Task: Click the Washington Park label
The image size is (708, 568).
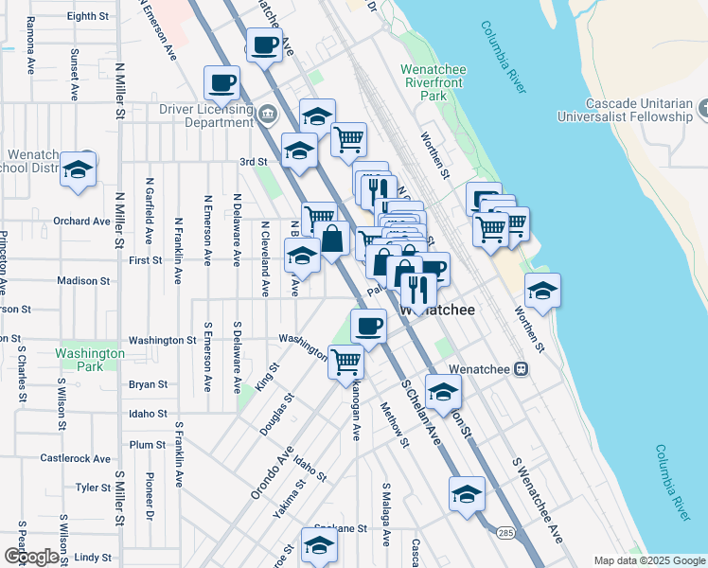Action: coord(90,360)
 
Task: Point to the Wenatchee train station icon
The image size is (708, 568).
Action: coord(520,369)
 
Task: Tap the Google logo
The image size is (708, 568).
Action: coord(30,557)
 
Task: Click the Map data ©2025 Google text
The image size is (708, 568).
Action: coord(647,560)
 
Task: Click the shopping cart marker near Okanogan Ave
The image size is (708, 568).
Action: coord(347,361)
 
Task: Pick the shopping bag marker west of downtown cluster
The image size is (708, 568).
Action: coord(332,239)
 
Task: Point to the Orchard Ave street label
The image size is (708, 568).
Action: coord(82,222)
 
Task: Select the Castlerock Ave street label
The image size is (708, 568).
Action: coord(76,458)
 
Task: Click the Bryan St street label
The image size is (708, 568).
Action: coord(148,385)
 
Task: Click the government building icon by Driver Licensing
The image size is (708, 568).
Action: coord(268,115)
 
